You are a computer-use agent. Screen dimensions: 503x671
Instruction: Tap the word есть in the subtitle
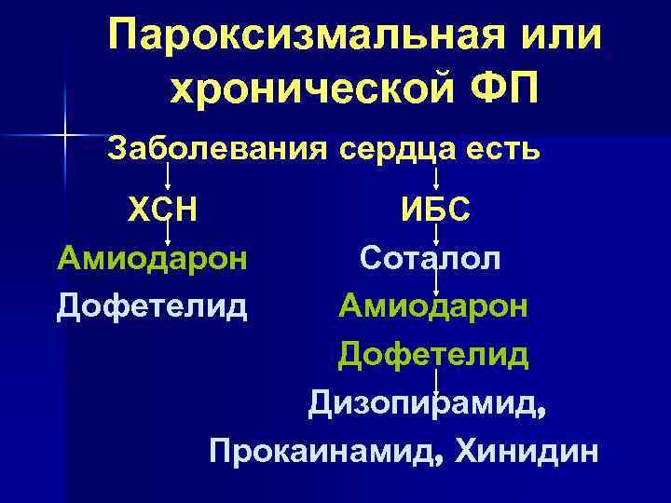[x=503, y=148]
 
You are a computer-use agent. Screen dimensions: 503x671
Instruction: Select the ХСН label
[x=163, y=211]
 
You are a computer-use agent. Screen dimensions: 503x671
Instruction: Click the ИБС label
[x=435, y=211]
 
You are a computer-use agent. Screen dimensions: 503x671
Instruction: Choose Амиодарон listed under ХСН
[x=152, y=257]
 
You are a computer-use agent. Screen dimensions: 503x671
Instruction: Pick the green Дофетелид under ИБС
[x=434, y=354]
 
